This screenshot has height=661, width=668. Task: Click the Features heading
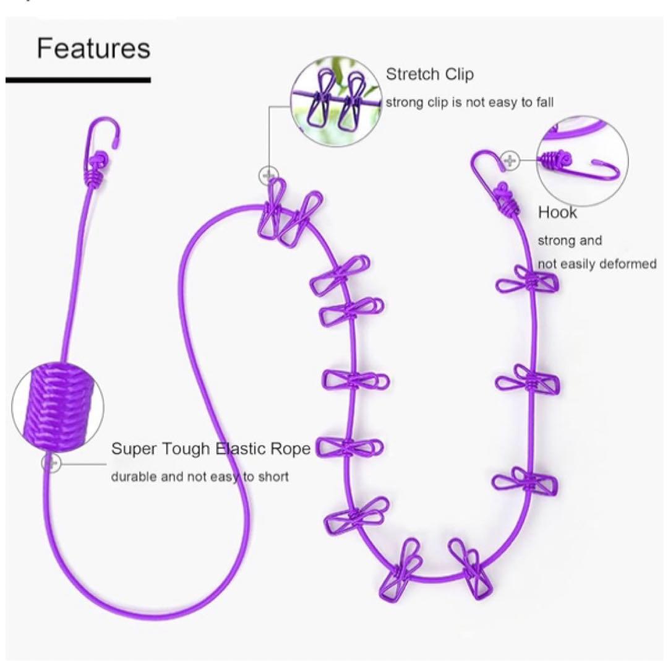[94, 48]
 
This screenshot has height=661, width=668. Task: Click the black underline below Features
[78, 80]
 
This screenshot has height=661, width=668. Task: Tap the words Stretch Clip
[429, 74]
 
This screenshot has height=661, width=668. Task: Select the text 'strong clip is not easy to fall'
[469, 103]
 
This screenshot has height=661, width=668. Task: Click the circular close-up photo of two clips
[336, 101]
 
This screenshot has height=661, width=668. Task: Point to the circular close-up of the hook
[583, 162]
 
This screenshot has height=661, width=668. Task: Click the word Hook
[557, 212]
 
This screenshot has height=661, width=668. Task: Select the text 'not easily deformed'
[597, 264]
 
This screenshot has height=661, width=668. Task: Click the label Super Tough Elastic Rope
[211, 449]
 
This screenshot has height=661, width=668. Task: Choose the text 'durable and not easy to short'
[200, 477]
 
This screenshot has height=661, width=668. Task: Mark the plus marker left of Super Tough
[51, 462]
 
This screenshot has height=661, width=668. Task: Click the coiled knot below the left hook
[96, 177]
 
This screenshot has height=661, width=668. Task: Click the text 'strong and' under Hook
[570, 241]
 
